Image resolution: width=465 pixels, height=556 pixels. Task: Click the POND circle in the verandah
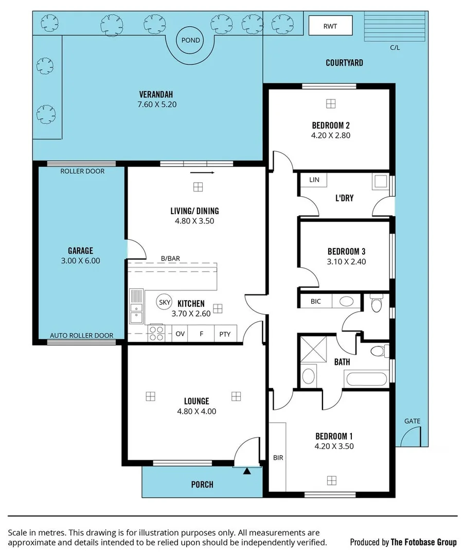point(189,40)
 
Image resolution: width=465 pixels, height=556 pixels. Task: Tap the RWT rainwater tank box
point(330,26)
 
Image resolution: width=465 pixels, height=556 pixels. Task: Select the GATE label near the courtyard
point(412,421)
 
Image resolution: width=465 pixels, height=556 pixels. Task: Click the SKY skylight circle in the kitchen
point(165,302)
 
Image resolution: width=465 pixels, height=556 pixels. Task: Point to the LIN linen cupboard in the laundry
point(314,180)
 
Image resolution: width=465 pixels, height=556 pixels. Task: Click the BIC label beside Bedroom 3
point(315,301)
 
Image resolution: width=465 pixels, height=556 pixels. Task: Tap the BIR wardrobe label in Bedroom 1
point(278,457)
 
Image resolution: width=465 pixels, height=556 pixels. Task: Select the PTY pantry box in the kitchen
point(225,334)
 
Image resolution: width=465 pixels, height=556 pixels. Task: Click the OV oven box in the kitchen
point(180,334)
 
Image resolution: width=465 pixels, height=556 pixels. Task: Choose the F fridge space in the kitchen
point(201,334)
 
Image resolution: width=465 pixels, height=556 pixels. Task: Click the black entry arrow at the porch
point(247,470)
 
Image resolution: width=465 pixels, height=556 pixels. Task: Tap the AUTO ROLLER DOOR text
point(81,335)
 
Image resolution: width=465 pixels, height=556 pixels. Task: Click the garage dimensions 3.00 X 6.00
point(80,260)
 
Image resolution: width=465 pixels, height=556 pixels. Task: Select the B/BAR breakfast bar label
point(170,258)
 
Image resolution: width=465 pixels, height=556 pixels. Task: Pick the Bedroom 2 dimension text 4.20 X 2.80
point(331,135)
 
